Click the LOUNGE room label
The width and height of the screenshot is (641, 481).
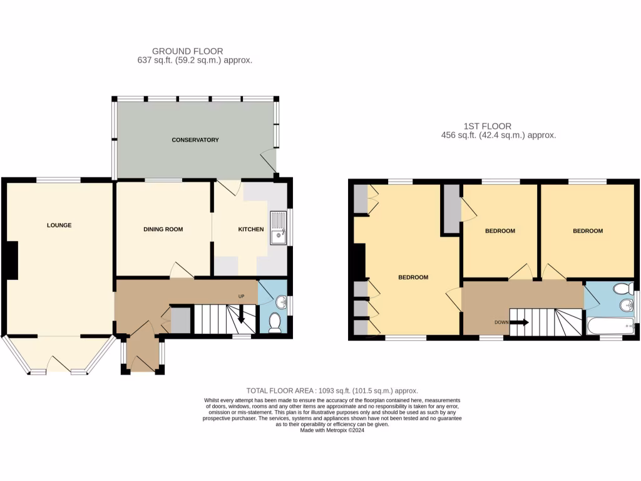(x=59, y=225)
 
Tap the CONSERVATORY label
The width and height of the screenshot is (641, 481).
(x=195, y=140)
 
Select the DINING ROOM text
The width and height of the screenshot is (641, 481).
(x=163, y=229)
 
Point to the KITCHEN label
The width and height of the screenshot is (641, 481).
(x=250, y=230)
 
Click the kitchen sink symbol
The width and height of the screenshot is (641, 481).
(x=277, y=228)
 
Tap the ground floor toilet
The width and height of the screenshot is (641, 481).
(x=274, y=322)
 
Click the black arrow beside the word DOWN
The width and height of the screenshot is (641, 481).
(x=520, y=323)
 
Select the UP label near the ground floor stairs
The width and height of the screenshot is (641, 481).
(x=241, y=296)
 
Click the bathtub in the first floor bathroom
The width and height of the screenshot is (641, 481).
(x=611, y=326)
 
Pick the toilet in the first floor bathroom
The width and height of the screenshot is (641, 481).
(x=623, y=289)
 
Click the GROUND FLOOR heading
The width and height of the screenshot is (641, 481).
(x=188, y=51)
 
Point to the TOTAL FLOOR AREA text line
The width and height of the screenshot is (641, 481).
(x=332, y=390)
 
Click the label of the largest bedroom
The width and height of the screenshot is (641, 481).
(x=413, y=277)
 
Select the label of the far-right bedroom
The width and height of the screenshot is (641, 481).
(x=588, y=230)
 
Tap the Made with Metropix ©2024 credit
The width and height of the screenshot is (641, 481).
(x=332, y=430)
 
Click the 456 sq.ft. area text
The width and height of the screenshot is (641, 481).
(x=498, y=135)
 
